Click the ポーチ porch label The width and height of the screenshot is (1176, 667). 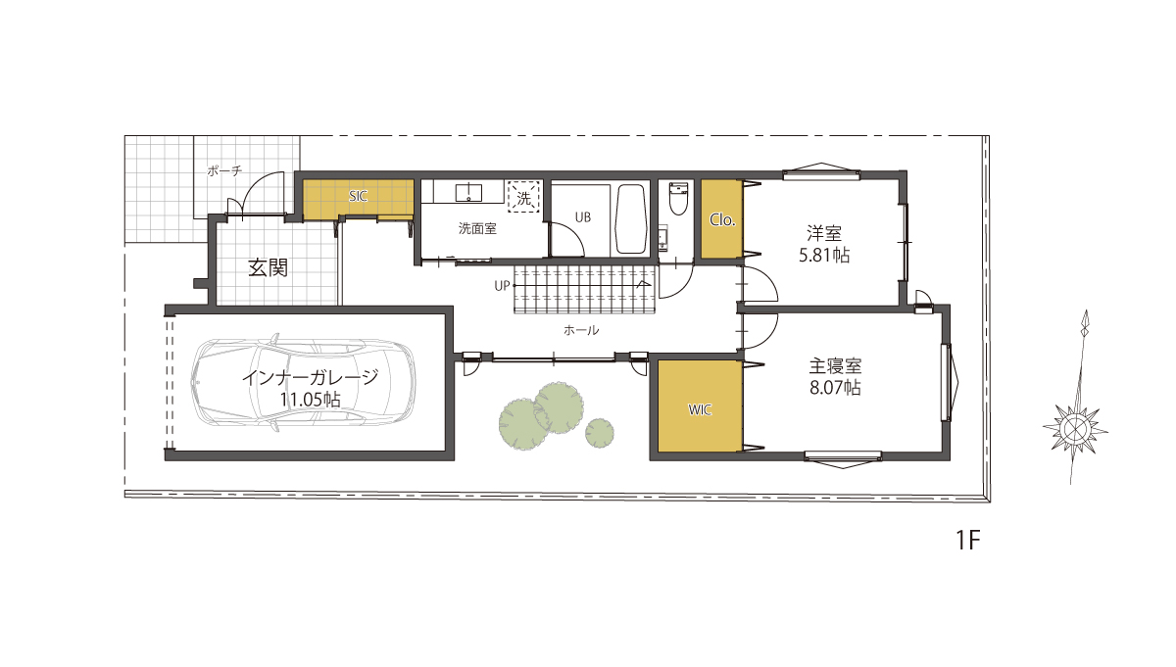click(x=224, y=170)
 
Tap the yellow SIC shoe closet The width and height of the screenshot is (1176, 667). click(x=358, y=200)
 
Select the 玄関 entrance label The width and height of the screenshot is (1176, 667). click(x=268, y=267)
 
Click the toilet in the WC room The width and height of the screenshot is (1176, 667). click(x=678, y=199)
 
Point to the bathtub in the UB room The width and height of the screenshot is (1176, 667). click(x=630, y=218)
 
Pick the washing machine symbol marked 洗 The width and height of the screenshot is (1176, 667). click(x=524, y=197)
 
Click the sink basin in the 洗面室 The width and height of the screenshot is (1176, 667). click(x=468, y=193)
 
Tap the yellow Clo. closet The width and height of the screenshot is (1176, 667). click(x=722, y=218)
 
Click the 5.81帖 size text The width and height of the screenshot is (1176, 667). click(x=824, y=256)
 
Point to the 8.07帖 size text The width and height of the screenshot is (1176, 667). click(x=835, y=388)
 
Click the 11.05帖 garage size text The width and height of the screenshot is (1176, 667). click(x=310, y=400)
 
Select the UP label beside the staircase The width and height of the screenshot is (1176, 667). click(x=502, y=286)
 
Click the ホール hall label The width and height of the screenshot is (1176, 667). click(x=580, y=330)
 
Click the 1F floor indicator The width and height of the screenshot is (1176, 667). click(x=967, y=541)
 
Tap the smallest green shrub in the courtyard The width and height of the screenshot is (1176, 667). click(x=600, y=433)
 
